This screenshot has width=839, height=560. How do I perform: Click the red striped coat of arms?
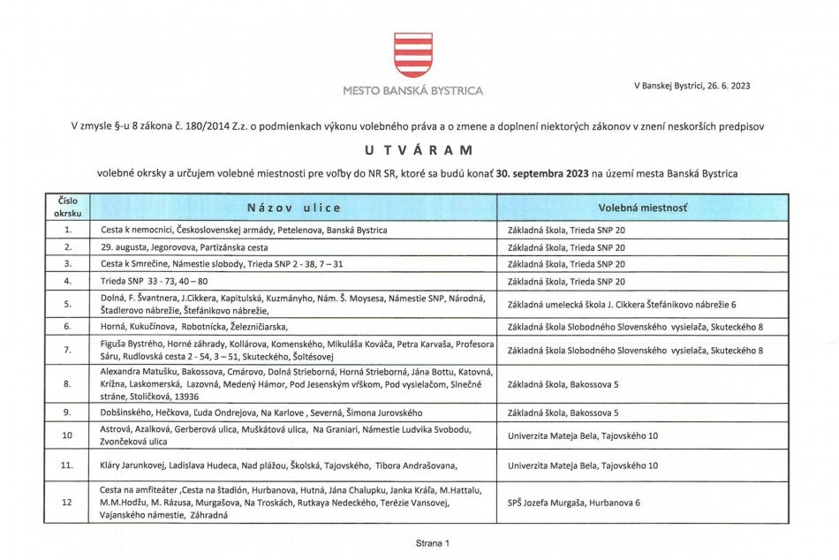[x=413, y=55]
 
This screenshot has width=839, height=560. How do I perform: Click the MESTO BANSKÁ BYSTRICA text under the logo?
[x=413, y=90]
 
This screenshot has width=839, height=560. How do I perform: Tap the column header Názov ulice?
[x=293, y=208]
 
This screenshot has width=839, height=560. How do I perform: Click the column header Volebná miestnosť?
[x=643, y=208]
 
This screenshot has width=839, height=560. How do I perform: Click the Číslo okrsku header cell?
[x=67, y=208]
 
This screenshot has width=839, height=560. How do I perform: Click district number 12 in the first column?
[x=67, y=503]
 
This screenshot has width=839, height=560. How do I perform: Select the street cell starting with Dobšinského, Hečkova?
[x=261, y=412]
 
